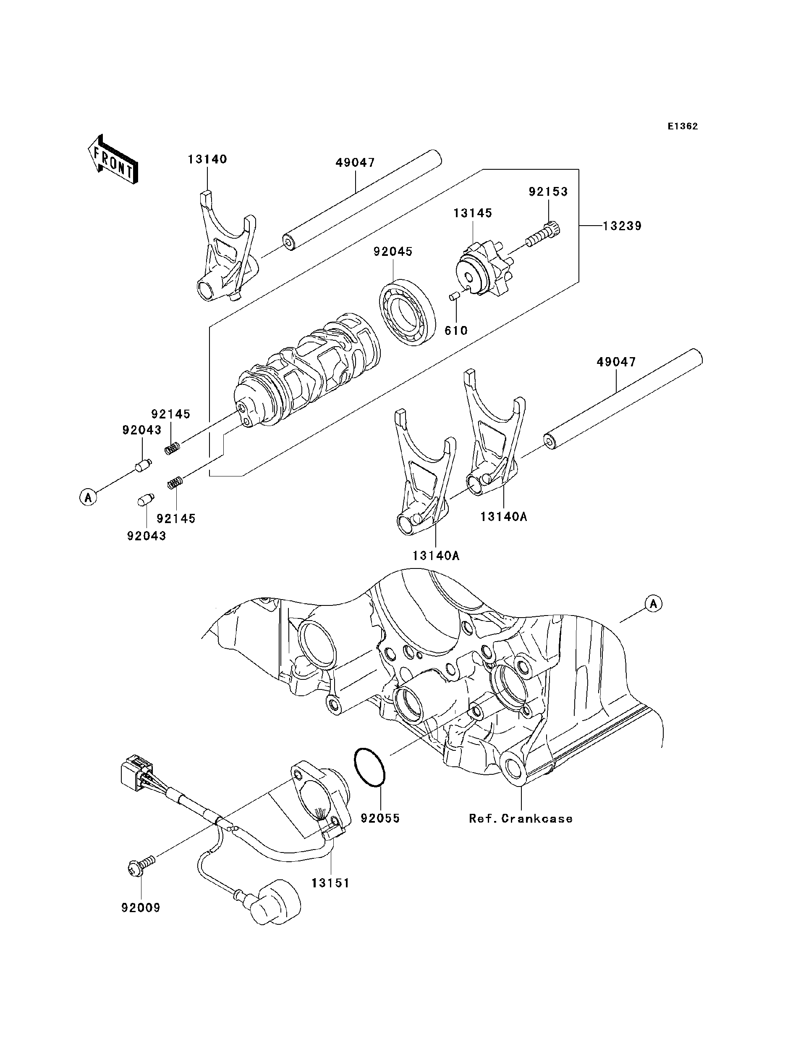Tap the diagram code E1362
tap(683, 126)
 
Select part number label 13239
tap(622, 226)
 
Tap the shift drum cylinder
tap(307, 372)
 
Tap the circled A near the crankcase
tap(653, 604)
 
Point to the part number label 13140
tap(207, 159)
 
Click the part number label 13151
tap(330, 883)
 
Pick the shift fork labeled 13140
tap(225, 255)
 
